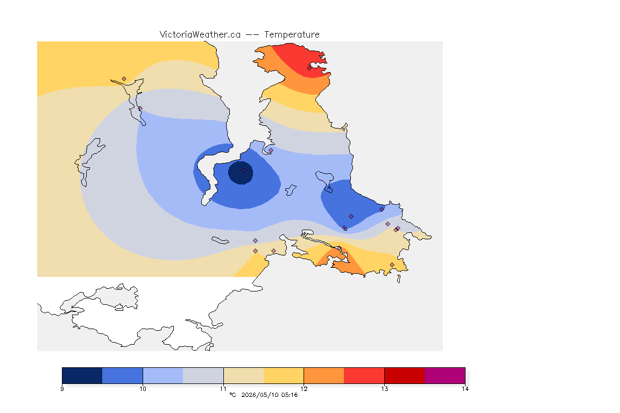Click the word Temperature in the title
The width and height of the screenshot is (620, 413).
pos(292,35)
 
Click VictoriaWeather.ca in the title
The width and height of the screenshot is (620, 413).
pos(200,35)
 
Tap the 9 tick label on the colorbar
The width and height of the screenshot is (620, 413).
pos(62,389)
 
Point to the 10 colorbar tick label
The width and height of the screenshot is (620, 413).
pos(143,389)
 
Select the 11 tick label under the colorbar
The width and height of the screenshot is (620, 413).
pos(223,389)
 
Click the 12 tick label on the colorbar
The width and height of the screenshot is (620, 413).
pos(304,389)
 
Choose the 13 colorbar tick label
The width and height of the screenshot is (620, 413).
pos(384,389)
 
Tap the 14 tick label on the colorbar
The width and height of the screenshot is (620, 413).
pos(465,389)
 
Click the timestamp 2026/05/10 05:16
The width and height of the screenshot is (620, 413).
pos(269,395)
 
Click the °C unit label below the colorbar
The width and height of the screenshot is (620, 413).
pos(232,395)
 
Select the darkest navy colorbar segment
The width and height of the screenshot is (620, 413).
pos(82,375)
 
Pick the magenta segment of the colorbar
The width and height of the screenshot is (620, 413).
pos(445,375)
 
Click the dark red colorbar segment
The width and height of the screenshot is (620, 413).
pos(405,375)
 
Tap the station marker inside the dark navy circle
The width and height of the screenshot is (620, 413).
pos(244,170)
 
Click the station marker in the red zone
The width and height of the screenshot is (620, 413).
pos(309,68)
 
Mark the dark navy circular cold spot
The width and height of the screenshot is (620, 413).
pos(241,173)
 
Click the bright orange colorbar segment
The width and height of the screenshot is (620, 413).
pos(324,375)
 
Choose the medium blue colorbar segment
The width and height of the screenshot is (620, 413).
pos(123,375)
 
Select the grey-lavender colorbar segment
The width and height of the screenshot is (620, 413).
pos(203,375)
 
